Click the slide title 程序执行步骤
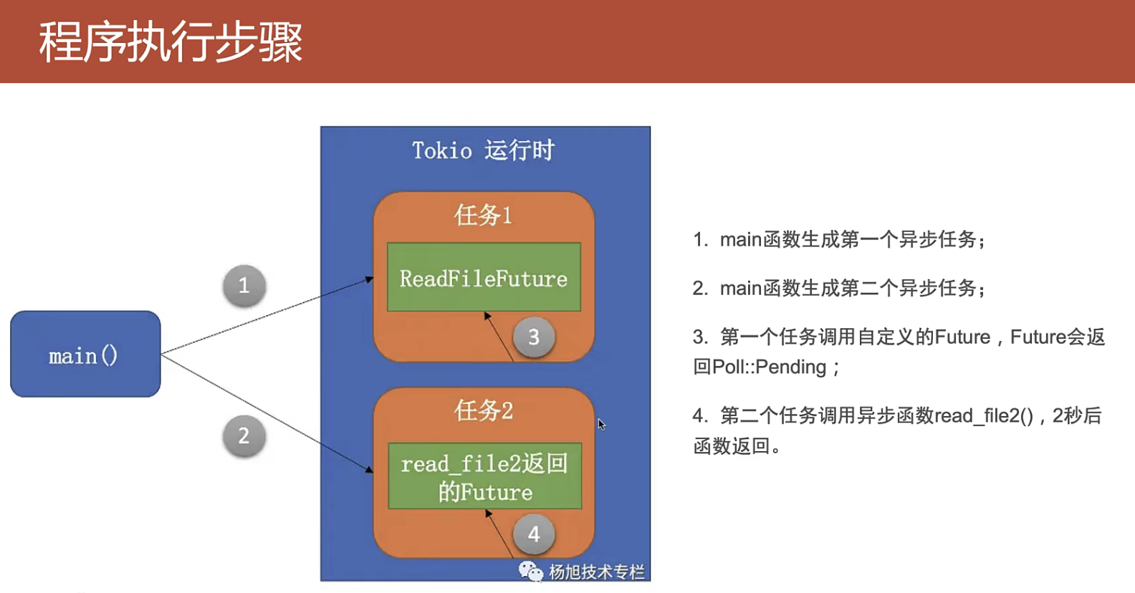(171, 42)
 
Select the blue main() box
(85, 354)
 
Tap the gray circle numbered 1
(244, 286)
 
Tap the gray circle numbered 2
(244, 435)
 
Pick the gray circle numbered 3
(534, 337)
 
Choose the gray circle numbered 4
(534, 534)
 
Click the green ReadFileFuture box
(484, 277)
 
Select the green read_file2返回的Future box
(484, 476)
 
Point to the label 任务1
(483, 215)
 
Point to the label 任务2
(483, 410)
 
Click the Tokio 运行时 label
(483, 150)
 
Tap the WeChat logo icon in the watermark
(530, 572)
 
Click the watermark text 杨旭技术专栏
(596, 572)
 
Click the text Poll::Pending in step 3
(770, 367)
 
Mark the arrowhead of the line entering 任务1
(370, 279)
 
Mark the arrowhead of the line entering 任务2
(370, 470)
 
